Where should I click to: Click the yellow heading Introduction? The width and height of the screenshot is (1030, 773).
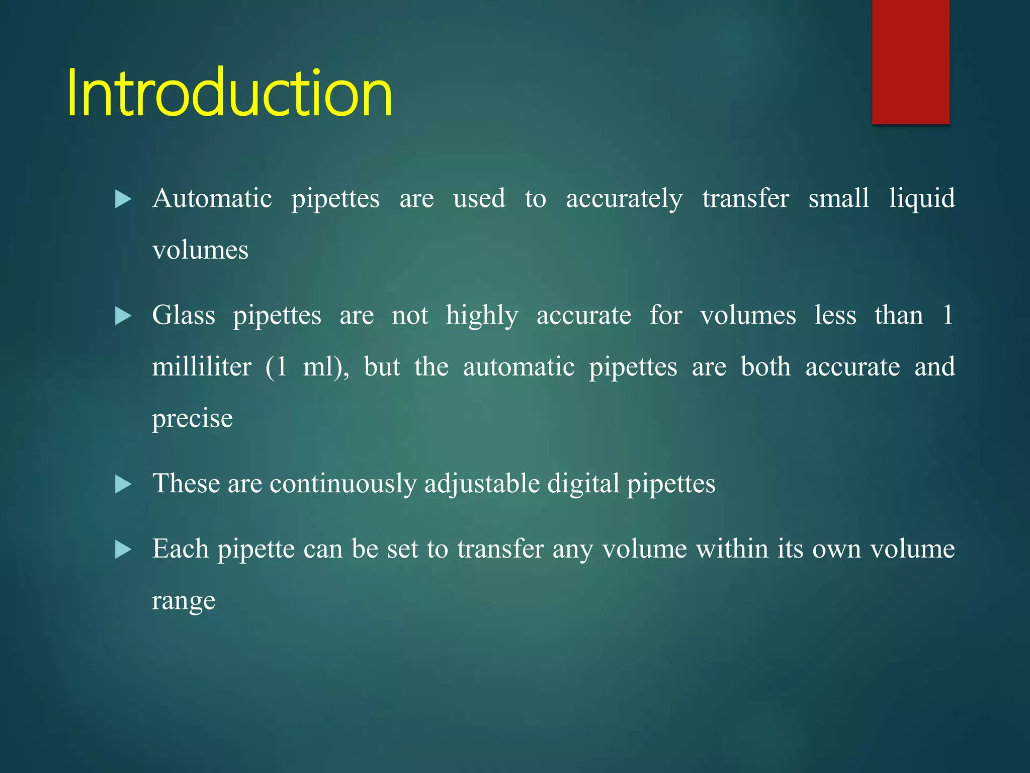(x=229, y=93)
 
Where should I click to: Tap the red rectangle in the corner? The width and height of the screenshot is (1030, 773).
(x=910, y=61)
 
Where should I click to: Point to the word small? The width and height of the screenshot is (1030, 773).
(x=838, y=198)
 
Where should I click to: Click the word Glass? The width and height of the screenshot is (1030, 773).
(x=184, y=316)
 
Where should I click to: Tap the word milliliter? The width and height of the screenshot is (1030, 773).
(x=202, y=367)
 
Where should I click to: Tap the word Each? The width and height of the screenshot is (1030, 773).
(x=181, y=549)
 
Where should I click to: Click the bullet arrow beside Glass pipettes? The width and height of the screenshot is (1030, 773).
(x=123, y=316)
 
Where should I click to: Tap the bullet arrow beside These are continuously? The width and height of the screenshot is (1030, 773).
(x=123, y=484)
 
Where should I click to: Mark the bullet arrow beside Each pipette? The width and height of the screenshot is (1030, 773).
(x=123, y=550)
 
